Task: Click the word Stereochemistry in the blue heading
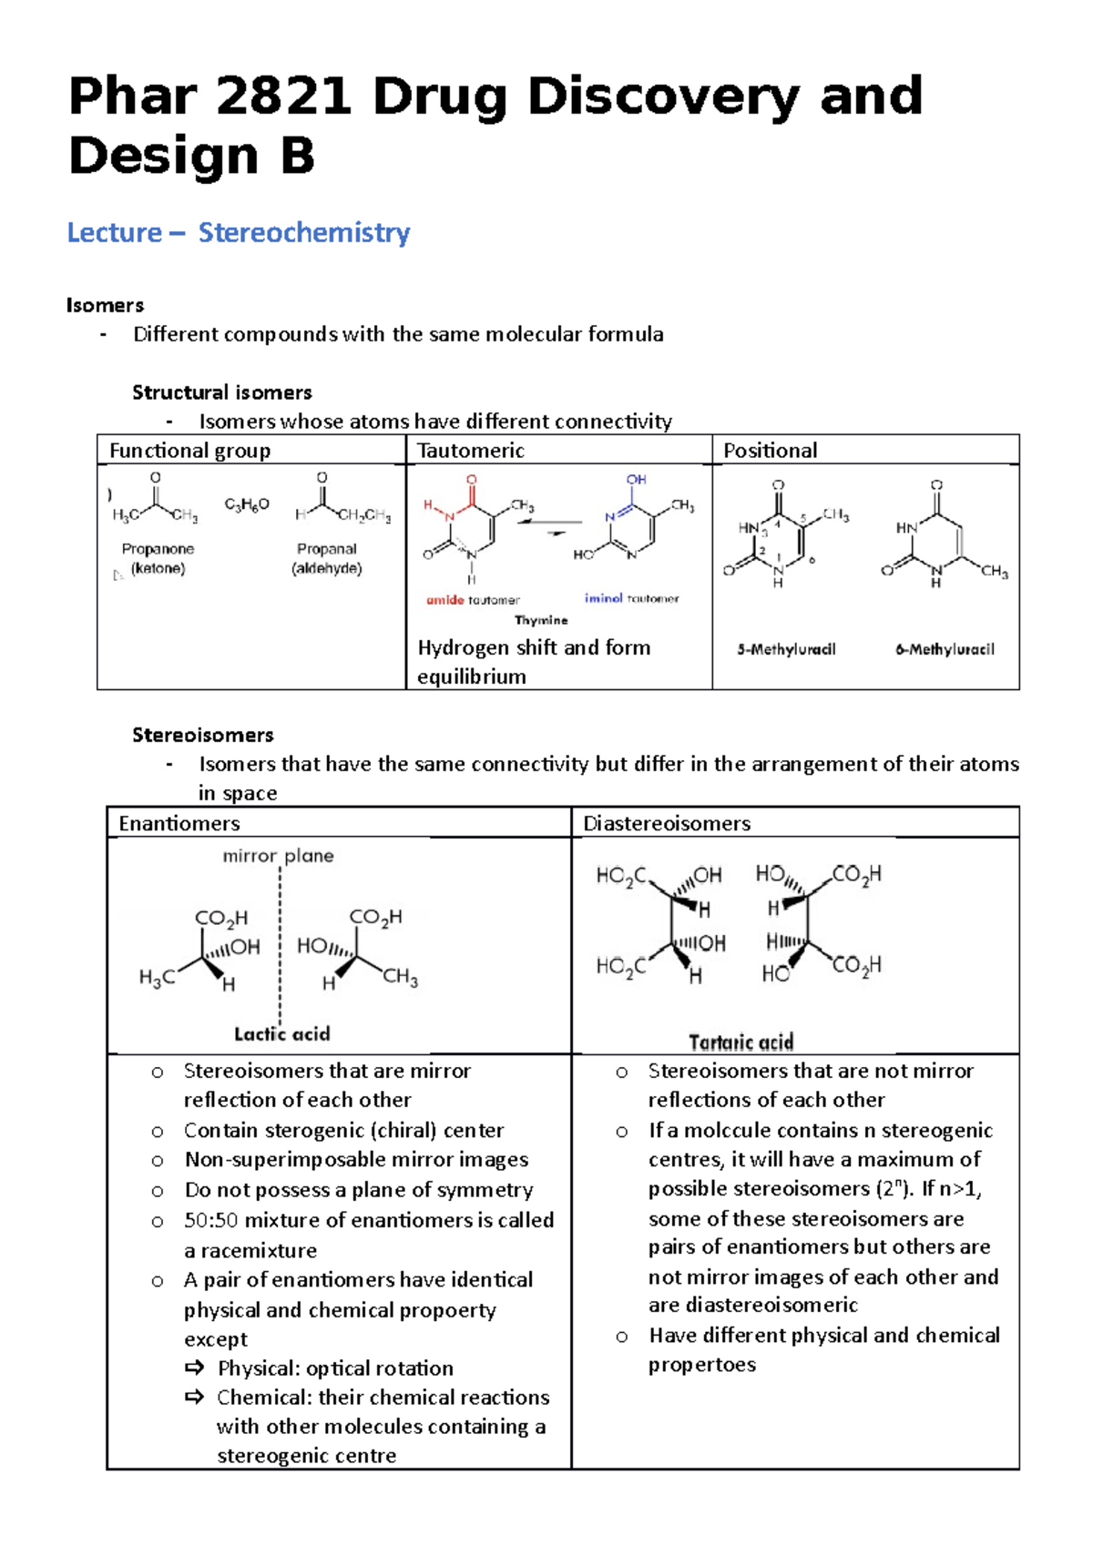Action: [304, 232]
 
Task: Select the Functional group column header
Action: [189, 451]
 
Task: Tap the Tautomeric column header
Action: [470, 451]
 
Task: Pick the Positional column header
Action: [770, 451]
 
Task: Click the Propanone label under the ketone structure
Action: [158, 549]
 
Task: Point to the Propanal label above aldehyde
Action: [326, 549]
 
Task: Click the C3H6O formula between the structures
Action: [247, 504]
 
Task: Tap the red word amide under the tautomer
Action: [444, 600]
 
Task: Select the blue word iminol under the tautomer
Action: [603, 598]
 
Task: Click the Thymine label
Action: [541, 620]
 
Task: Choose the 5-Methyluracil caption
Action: [786, 649]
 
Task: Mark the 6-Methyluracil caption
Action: [945, 649]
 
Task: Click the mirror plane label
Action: [278, 856]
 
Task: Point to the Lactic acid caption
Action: [281, 1034]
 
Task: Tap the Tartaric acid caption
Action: [741, 1043]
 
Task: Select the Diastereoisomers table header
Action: [667, 824]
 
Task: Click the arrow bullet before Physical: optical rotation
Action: [194, 1368]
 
